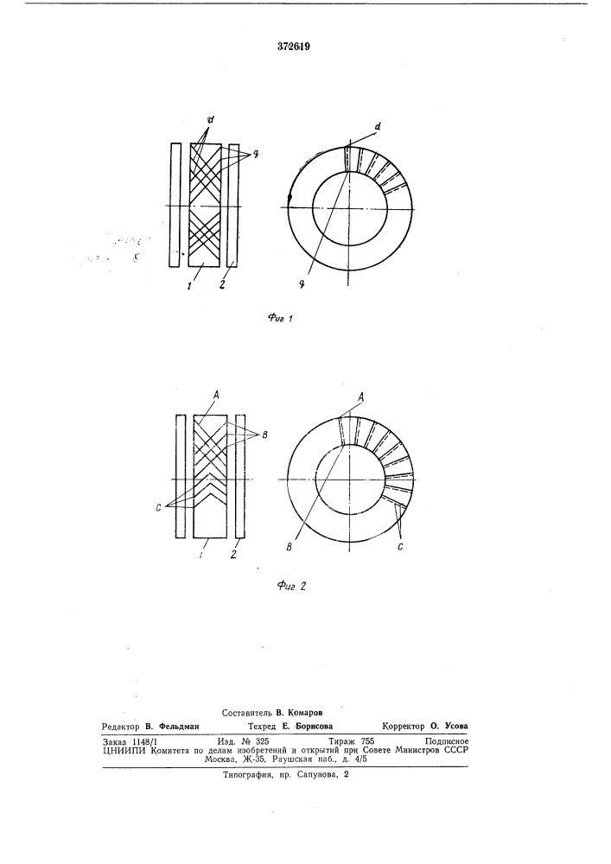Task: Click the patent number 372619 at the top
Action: coord(294,47)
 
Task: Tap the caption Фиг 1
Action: coord(280,318)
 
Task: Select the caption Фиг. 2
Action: coord(291,586)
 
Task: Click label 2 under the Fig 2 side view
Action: coord(233,555)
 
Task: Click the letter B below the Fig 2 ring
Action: coord(290,547)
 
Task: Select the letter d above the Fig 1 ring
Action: coord(378,127)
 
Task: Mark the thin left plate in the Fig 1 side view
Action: coord(175,206)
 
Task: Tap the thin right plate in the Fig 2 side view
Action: coord(240,476)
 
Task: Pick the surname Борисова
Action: coord(314,727)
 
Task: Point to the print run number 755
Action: coord(367,741)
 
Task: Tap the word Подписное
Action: coord(447,741)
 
